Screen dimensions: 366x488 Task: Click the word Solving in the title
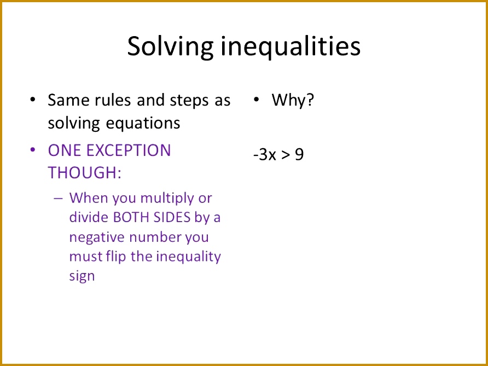coord(170,47)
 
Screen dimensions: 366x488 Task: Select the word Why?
coord(293,100)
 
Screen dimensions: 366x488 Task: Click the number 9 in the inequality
coord(299,155)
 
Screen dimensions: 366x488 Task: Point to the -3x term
coord(264,155)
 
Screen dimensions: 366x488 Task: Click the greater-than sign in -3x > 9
coord(285,155)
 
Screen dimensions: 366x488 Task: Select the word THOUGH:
coord(84,172)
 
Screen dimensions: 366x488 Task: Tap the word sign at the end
coord(82,276)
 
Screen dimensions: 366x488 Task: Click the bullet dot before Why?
coord(255,100)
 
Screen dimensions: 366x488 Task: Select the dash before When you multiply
coord(59,198)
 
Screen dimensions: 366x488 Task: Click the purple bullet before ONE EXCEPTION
coord(33,150)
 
